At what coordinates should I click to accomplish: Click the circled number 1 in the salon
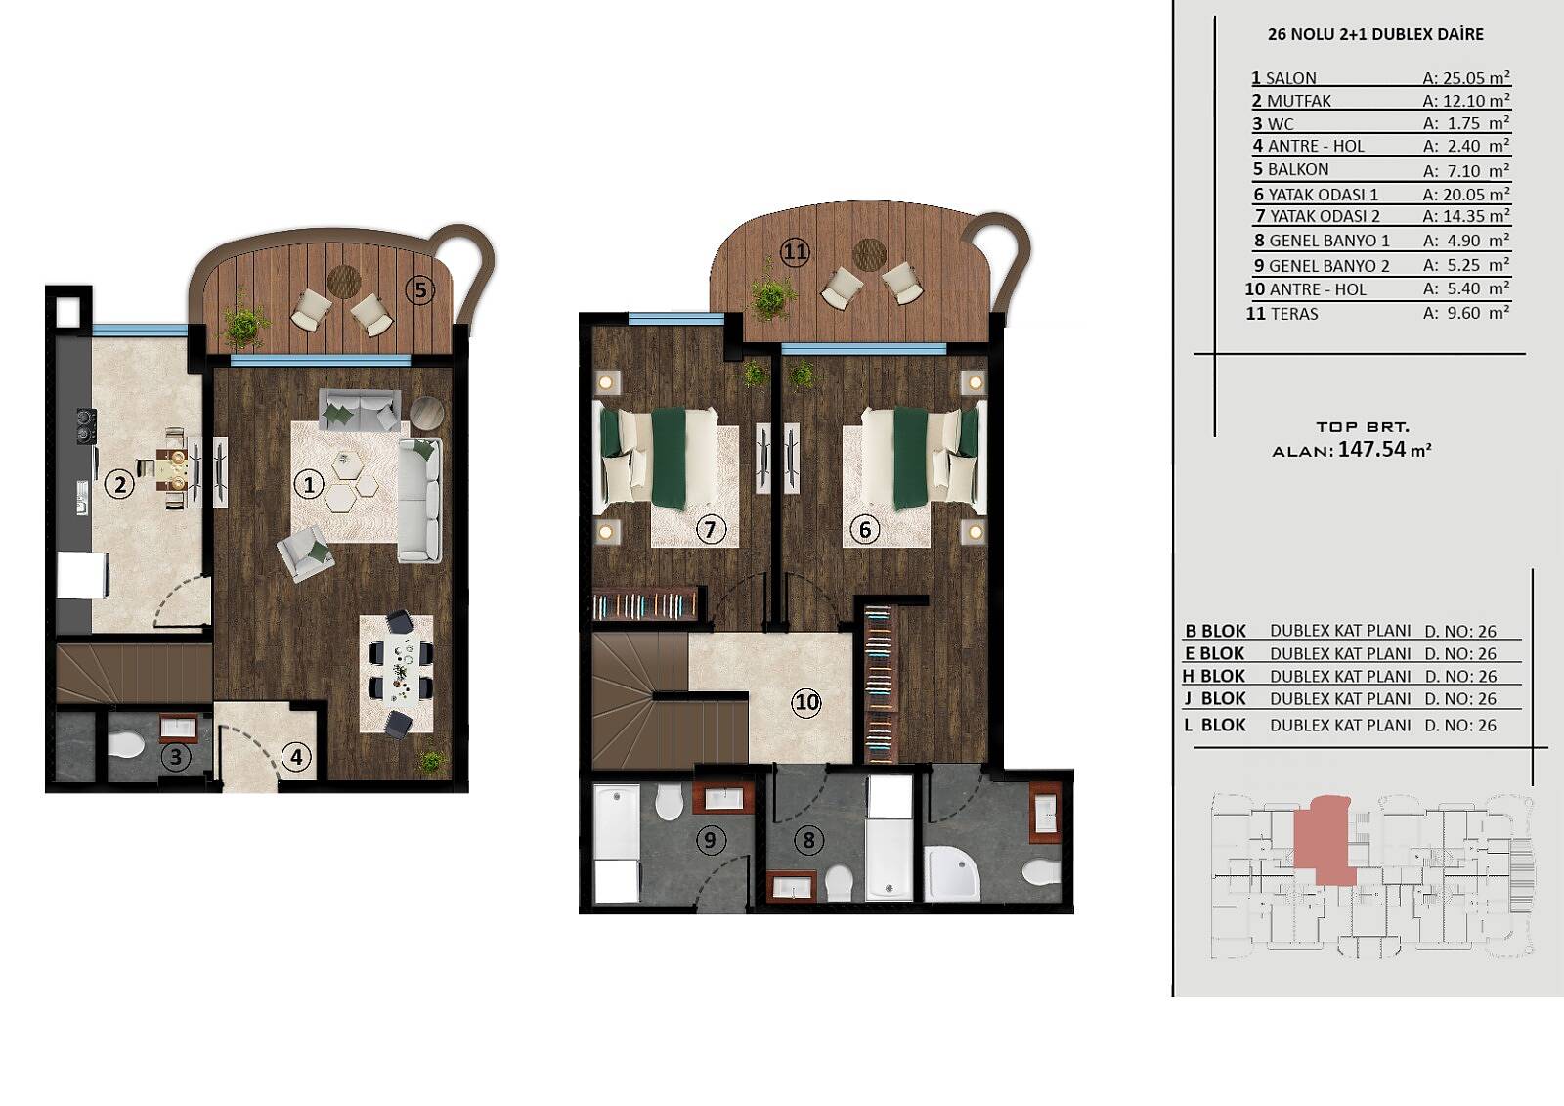(309, 484)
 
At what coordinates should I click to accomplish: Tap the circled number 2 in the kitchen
(119, 484)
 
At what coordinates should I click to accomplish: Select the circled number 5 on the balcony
(420, 289)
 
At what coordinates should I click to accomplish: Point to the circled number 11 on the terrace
(796, 251)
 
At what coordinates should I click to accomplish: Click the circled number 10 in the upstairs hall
(807, 702)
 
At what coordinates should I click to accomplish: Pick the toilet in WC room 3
(126, 745)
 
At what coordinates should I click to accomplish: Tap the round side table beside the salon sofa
(426, 413)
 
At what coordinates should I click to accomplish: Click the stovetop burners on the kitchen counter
(85, 425)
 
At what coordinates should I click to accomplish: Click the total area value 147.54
(1371, 449)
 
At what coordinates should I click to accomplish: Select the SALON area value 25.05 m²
(1466, 77)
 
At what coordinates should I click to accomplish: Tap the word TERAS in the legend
(1294, 314)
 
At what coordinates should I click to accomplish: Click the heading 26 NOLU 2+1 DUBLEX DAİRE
(1374, 34)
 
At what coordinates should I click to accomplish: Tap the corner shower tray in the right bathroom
(952, 873)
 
